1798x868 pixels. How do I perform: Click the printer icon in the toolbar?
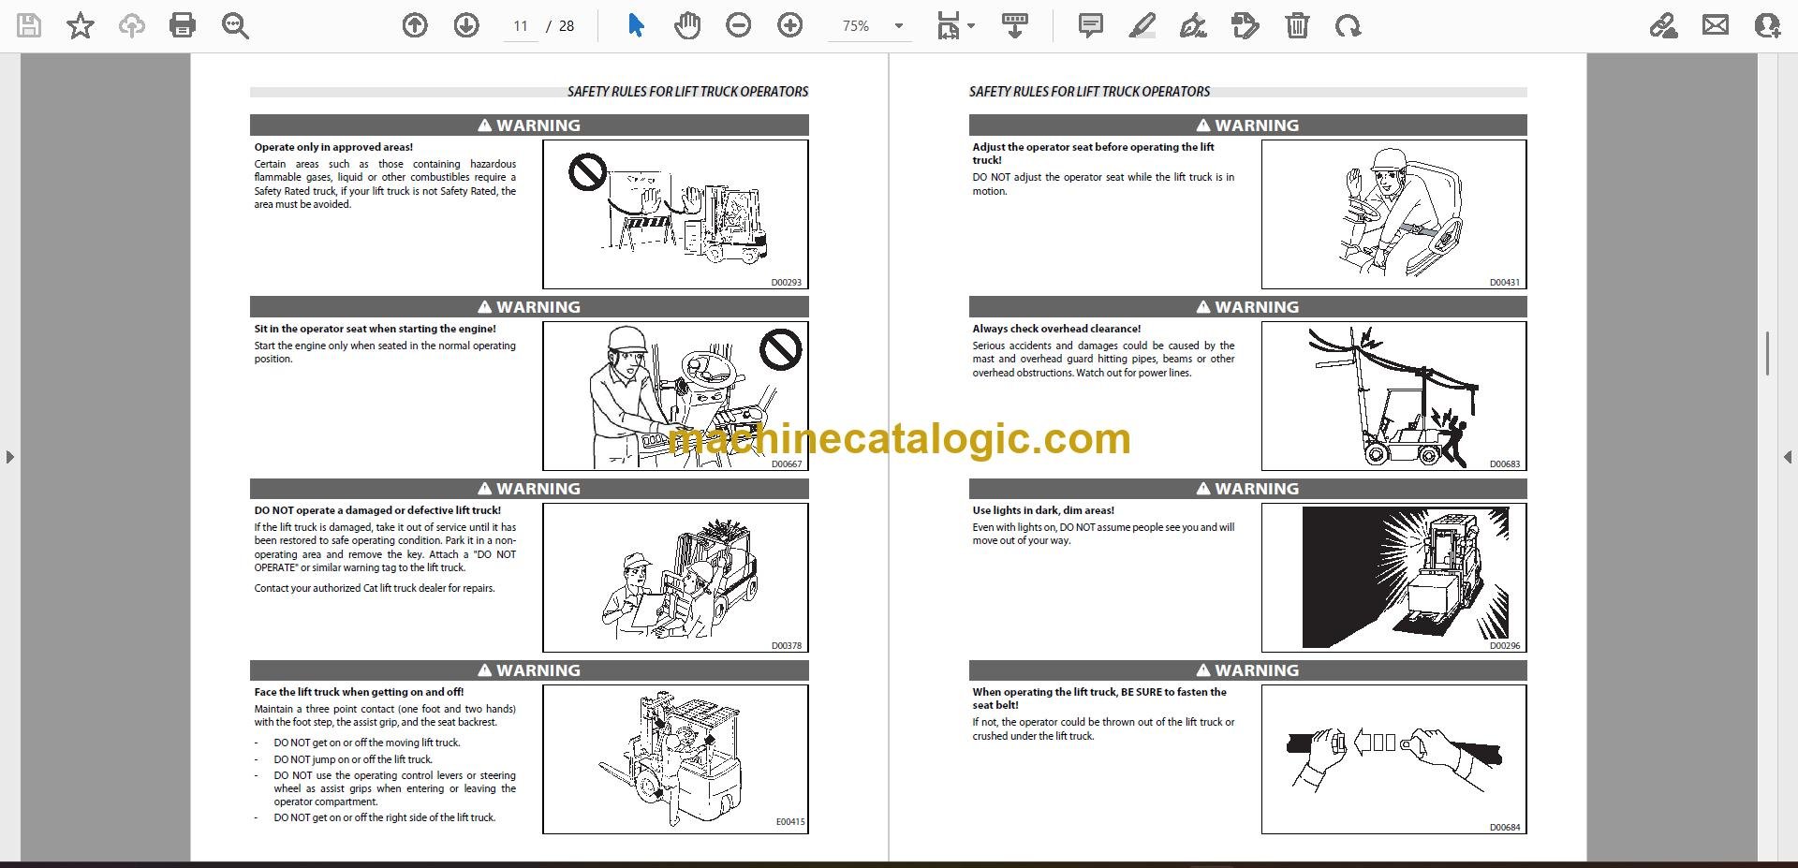point(183,25)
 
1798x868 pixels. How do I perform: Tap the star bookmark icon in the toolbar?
point(81,25)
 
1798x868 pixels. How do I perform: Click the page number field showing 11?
point(521,26)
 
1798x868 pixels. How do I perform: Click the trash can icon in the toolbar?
point(1297,25)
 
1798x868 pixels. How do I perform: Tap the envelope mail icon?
point(1716,25)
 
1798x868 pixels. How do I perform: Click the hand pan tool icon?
point(687,25)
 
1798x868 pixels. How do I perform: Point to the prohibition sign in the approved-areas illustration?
point(588,172)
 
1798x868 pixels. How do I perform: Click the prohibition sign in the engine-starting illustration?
point(780,350)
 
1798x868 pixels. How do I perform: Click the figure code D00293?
point(786,282)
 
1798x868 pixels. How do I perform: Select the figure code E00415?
point(789,821)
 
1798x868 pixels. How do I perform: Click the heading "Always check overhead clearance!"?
point(1056,329)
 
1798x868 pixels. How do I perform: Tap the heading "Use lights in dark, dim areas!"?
point(1043,510)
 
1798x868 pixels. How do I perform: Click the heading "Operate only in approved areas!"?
point(333,147)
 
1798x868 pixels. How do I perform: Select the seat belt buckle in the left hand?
point(1338,743)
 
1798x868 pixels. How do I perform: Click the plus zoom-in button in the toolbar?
point(790,25)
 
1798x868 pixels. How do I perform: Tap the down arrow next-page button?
point(466,25)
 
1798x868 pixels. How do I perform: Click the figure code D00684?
point(1505,827)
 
